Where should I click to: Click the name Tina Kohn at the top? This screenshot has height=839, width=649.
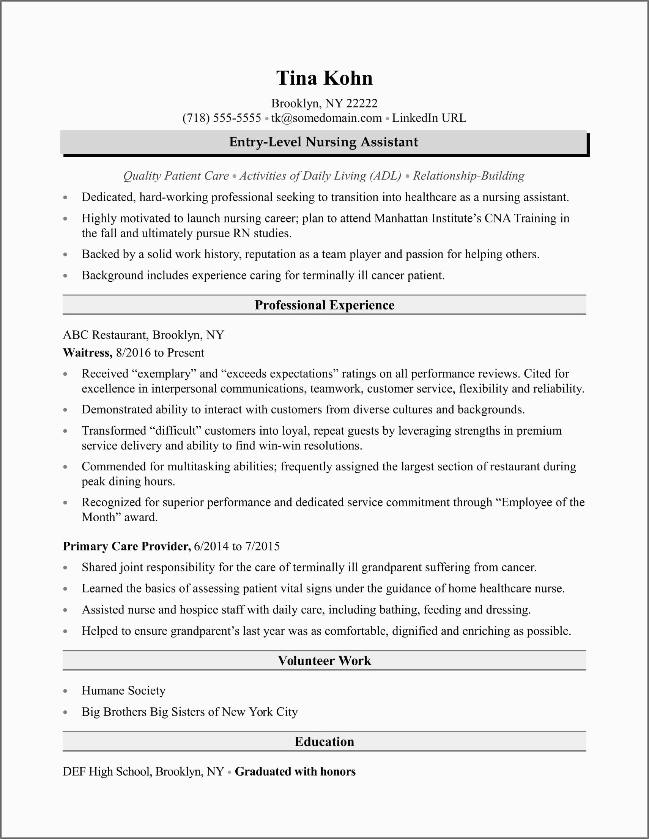324,78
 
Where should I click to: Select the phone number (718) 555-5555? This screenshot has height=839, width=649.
222,118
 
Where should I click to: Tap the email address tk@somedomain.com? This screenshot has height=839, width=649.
326,118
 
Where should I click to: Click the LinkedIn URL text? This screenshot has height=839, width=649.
429,118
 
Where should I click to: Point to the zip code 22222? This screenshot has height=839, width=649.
362,103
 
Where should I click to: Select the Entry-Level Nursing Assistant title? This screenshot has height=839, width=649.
323,142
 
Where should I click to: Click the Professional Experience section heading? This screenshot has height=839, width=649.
324,305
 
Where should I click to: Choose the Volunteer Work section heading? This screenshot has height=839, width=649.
324,661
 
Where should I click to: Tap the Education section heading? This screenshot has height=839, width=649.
324,741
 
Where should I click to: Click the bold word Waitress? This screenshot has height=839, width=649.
87,353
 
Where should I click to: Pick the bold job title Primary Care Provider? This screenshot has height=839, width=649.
127,546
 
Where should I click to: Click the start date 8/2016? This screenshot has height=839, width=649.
133,353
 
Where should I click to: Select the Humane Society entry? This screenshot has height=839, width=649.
123,691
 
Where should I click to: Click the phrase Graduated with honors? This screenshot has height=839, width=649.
295,771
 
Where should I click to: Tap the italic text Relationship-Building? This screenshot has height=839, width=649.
468,176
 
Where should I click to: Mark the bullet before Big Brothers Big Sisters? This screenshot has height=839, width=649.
65,712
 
